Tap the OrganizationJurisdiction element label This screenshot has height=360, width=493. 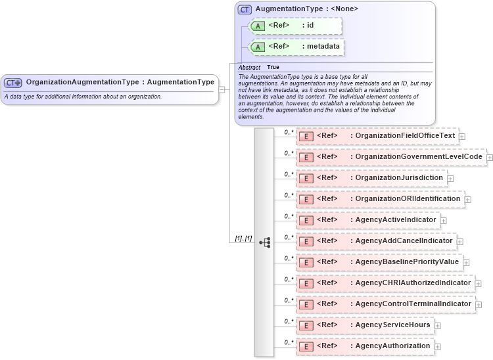pyautogui.click(x=399, y=178)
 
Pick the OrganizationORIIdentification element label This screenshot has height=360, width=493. pyautogui.click(x=408, y=199)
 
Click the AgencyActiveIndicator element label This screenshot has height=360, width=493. pyautogui.click(x=396, y=220)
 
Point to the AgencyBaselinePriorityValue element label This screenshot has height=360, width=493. pyautogui.click(x=407, y=262)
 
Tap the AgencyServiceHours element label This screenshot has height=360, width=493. pyautogui.click(x=392, y=325)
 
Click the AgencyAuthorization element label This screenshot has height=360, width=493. pyautogui.click(x=392, y=346)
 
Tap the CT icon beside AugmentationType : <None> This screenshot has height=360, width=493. pyautogui.click(x=245, y=10)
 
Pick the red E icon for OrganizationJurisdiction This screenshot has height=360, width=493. pyautogui.click(x=306, y=178)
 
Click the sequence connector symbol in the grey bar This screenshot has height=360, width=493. pyautogui.click(x=264, y=242)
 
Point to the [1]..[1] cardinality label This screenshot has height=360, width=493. pyautogui.click(x=243, y=238)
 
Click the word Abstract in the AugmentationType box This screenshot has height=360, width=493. pyautogui.click(x=249, y=68)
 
